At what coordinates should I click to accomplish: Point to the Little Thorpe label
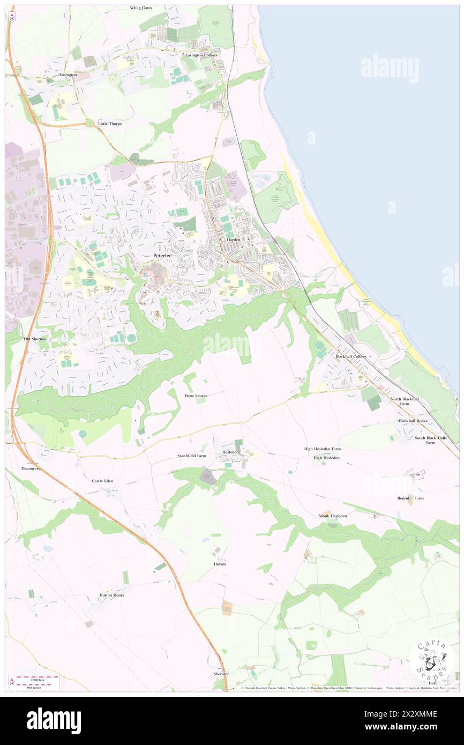110,124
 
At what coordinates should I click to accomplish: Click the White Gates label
141,8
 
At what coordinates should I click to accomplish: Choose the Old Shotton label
35,339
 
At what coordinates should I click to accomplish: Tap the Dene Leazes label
196,396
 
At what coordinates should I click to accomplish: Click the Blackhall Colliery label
351,356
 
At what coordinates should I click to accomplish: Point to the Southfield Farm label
192,456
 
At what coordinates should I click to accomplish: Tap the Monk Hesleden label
333,516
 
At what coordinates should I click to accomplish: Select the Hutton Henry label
111,595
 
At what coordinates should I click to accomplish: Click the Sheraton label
221,674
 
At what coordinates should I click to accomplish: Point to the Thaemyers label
32,468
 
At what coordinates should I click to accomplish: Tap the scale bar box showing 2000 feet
35,682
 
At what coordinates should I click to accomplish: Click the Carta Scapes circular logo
432,660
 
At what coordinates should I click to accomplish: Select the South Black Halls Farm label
431,440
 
